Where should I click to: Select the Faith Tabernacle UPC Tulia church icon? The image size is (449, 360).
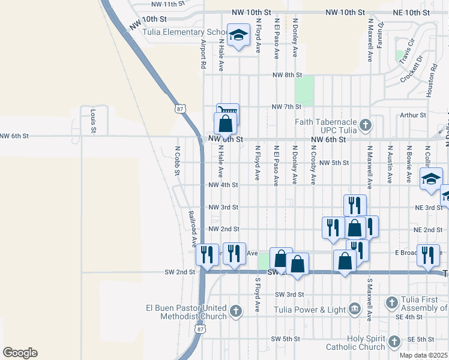[366, 127]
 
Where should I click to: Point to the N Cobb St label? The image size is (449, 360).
[178, 160]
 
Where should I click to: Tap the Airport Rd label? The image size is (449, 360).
[203, 55]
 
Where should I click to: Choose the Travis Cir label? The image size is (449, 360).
[409, 49]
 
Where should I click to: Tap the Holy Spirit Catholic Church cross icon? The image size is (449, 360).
[394, 342]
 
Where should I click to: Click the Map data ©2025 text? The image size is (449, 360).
[424, 355]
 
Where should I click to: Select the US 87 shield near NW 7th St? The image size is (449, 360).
[180, 109]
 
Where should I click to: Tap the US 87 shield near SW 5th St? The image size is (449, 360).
[200, 329]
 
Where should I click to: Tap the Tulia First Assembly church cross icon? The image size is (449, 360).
[391, 302]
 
